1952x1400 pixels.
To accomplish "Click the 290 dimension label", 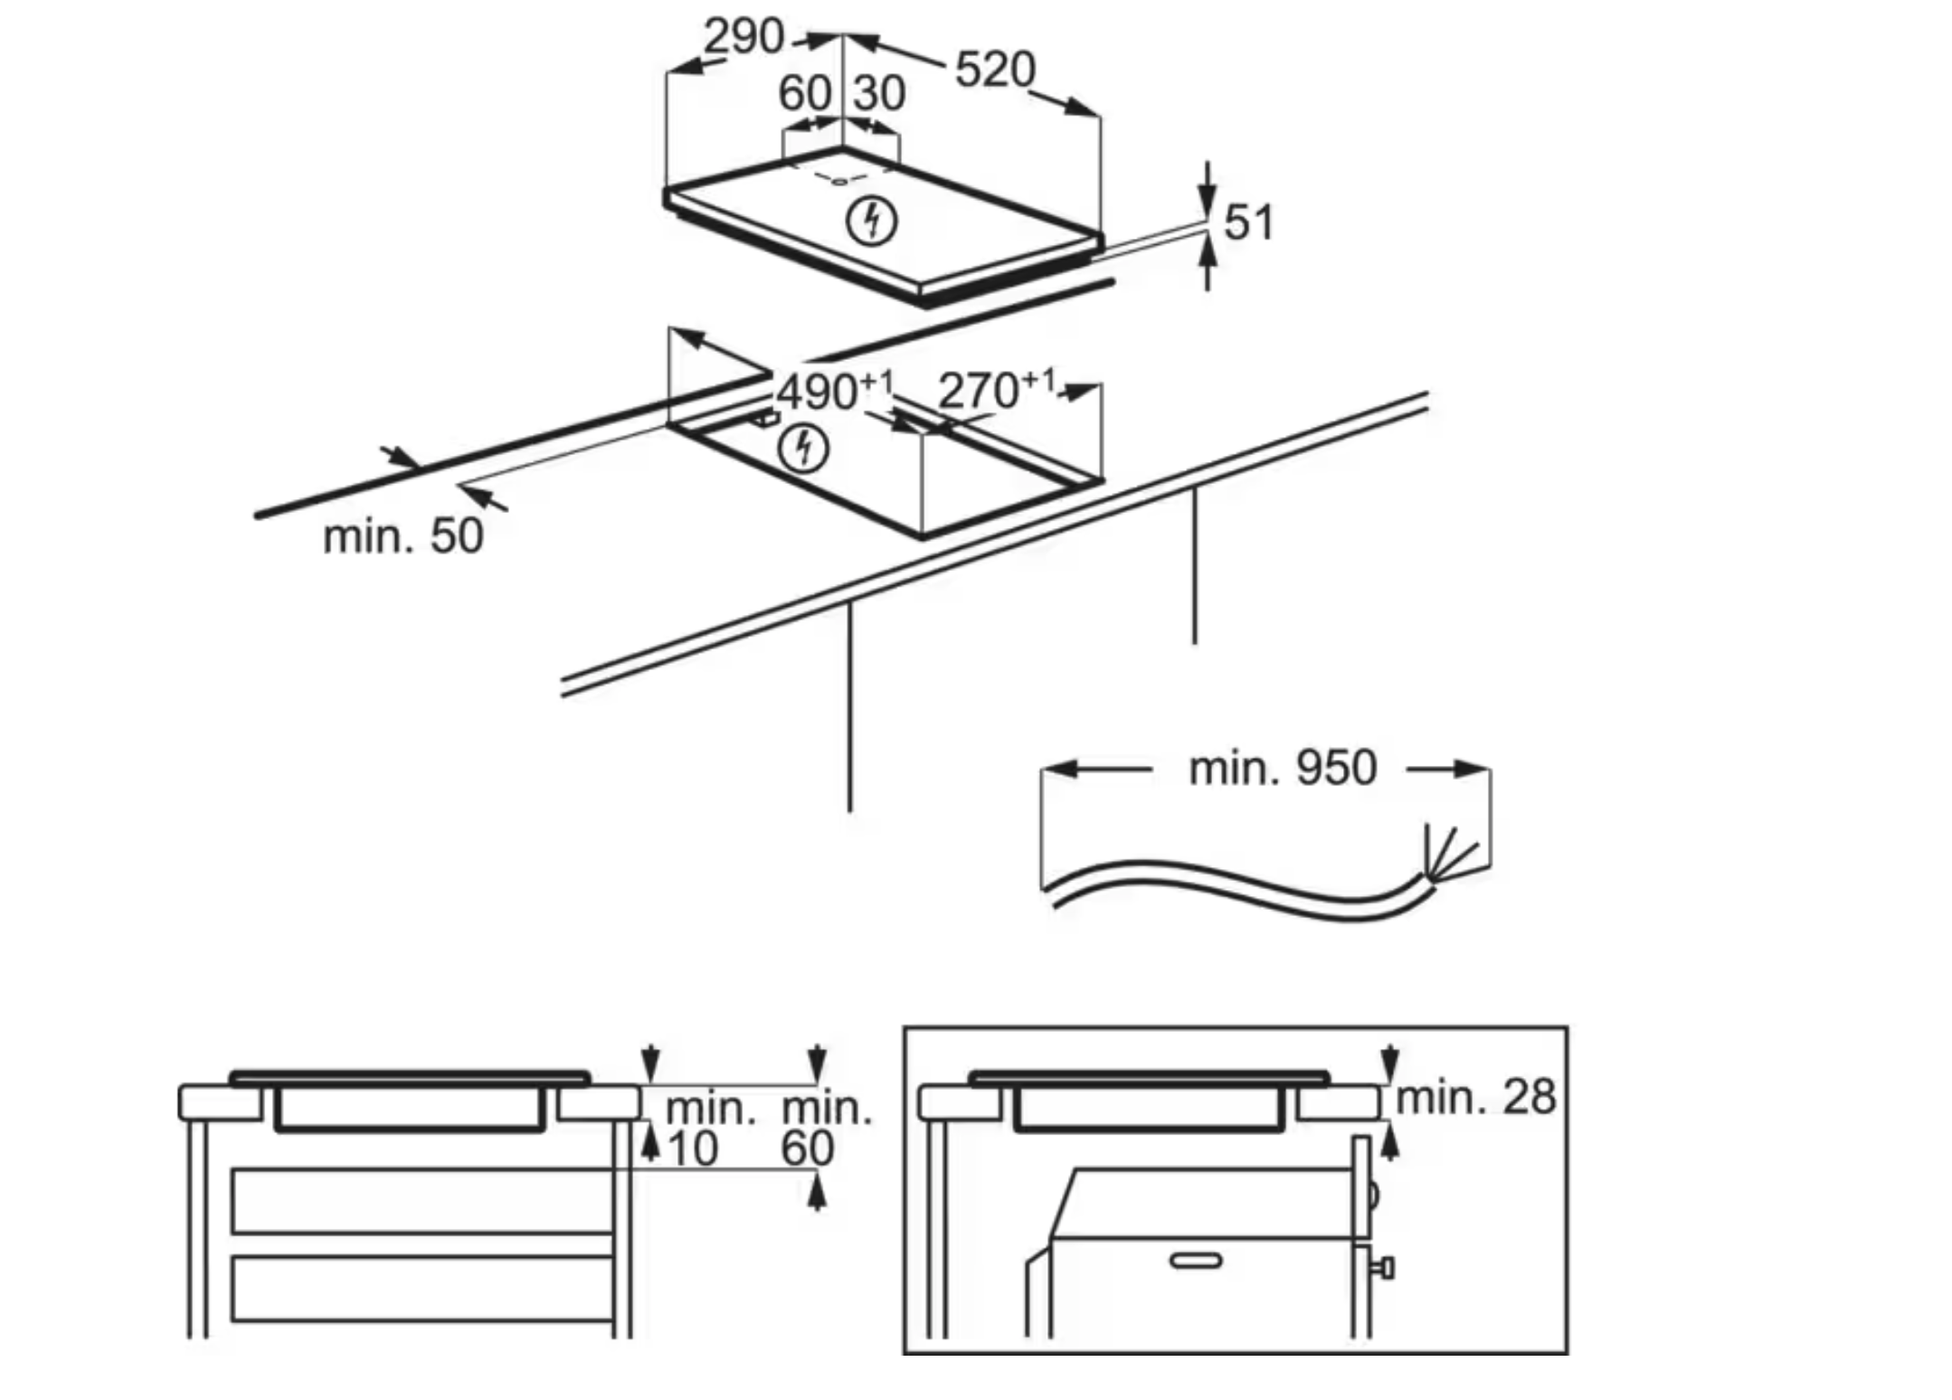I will [x=744, y=37].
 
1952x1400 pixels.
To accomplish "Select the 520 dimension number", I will [x=995, y=70].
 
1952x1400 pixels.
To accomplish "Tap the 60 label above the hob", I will [x=804, y=93].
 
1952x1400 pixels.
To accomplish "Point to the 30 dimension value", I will [x=879, y=93].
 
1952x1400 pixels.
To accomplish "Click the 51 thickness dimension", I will [x=1248, y=222].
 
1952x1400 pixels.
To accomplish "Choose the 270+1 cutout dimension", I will [x=995, y=391].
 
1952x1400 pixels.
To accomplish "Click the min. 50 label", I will [x=403, y=536].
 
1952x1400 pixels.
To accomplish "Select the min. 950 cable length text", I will [x=1283, y=768].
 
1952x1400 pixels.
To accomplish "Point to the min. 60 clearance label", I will [x=825, y=1129].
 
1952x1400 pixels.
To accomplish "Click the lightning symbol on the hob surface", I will [x=871, y=222].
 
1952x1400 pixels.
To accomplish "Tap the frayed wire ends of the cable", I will [x=1447, y=855].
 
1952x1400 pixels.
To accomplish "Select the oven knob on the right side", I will [x=1383, y=1268].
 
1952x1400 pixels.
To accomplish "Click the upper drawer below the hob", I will [x=422, y=1201].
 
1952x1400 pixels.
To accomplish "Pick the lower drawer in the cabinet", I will [x=422, y=1288].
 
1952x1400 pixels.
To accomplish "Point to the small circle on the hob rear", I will [x=839, y=181].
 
